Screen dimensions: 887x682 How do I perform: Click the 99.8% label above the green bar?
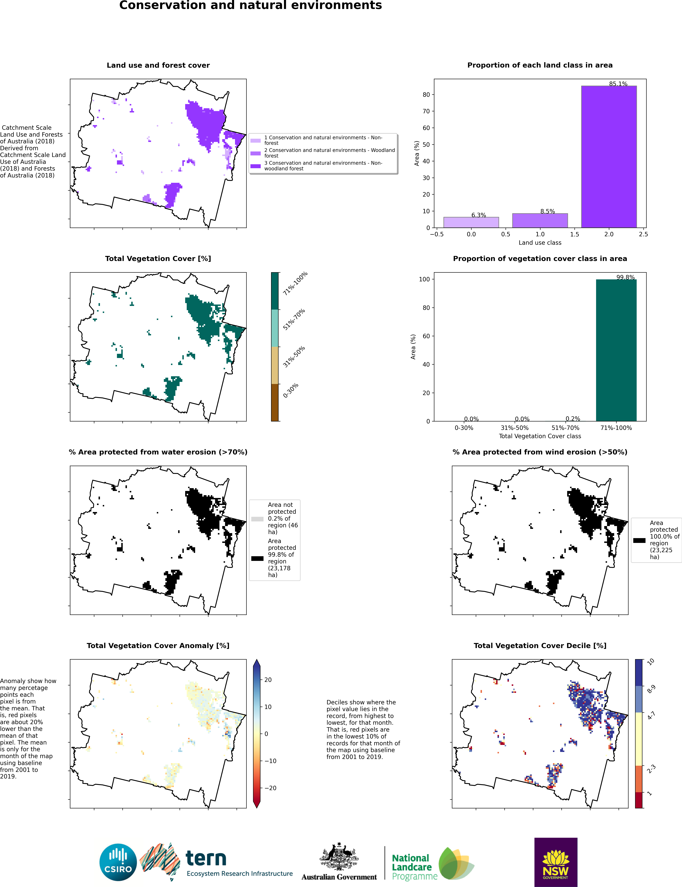625,277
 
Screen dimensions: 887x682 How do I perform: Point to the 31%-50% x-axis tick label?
514,428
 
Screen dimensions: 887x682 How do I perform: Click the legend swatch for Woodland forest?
255,153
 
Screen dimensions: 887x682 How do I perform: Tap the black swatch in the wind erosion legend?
639,540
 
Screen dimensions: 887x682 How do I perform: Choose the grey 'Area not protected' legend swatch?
257,519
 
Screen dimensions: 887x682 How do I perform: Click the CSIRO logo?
118,862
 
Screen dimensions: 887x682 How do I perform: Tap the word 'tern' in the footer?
206,859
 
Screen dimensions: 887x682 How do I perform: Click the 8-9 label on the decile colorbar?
651,689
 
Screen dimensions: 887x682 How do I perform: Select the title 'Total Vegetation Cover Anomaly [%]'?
158,646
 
